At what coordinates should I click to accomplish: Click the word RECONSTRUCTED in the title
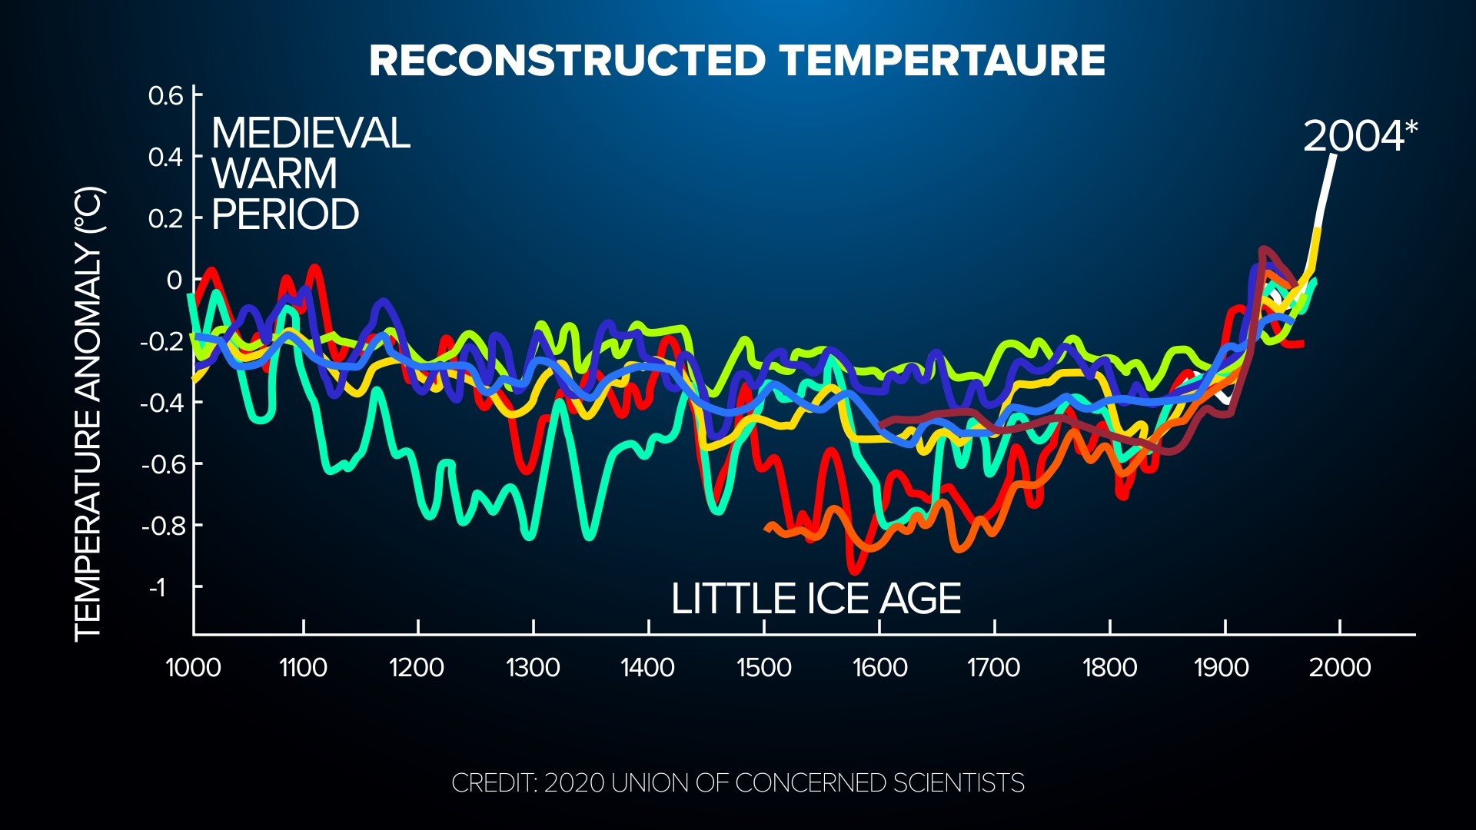(568, 61)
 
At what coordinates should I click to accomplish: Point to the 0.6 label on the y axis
(165, 97)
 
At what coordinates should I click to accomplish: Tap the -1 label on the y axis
(157, 588)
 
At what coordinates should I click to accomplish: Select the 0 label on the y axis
(175, 281)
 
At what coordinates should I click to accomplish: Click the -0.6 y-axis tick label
(162, 465)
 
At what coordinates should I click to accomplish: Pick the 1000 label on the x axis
(193, 667)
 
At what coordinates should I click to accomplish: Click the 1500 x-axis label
(763, 667)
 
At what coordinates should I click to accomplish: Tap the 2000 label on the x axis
(1339, 667)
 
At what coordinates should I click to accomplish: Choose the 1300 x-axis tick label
(533, 667)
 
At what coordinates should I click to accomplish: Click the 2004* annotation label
(1359, 137)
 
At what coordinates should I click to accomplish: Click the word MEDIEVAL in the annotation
(311, 134)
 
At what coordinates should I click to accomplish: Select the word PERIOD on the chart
(285, 214)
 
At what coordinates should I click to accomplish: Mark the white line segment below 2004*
(1325, 192)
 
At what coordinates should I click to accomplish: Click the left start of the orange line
(767, 527)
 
